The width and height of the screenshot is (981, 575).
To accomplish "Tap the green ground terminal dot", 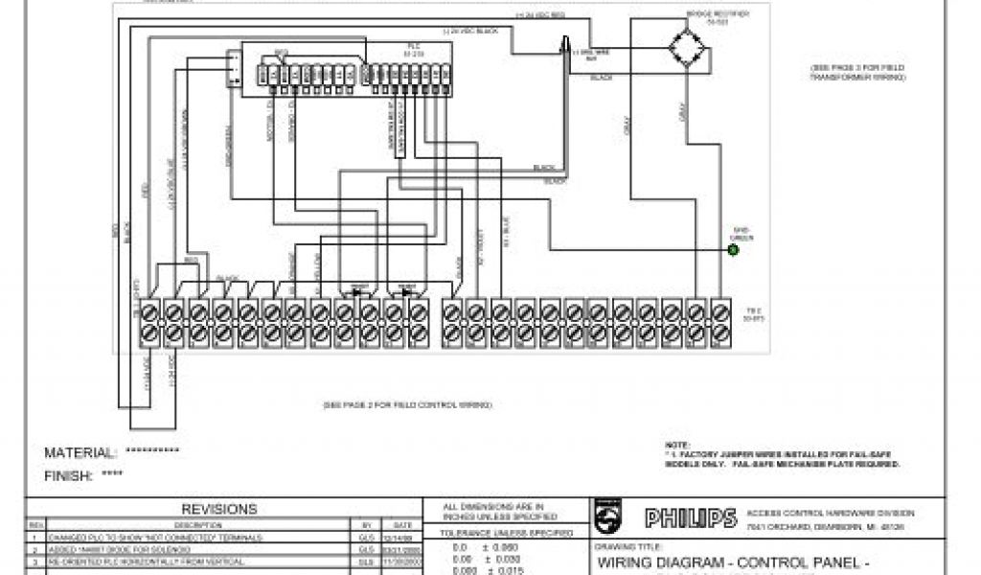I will [733, 250].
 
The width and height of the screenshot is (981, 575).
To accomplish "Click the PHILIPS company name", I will [690, 518].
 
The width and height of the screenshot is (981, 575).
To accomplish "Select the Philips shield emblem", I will [607, 517].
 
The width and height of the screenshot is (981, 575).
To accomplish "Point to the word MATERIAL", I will [80, 453].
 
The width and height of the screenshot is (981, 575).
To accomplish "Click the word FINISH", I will [68, 475].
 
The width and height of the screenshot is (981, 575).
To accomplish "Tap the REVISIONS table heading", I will [219, 509].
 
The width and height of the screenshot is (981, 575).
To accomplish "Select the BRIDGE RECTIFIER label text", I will [717, 15].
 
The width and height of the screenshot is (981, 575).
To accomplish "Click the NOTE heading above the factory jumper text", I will [675, 445].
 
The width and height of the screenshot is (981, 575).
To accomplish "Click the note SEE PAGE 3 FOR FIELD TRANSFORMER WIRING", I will [856, 72].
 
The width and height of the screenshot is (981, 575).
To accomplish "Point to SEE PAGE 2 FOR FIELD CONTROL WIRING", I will [407, 405].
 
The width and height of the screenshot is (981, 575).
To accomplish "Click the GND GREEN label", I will [743, 233].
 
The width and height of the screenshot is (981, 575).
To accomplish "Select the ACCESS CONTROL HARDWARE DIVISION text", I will [831, 513].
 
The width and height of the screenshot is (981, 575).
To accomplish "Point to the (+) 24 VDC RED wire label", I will [536, 15].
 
